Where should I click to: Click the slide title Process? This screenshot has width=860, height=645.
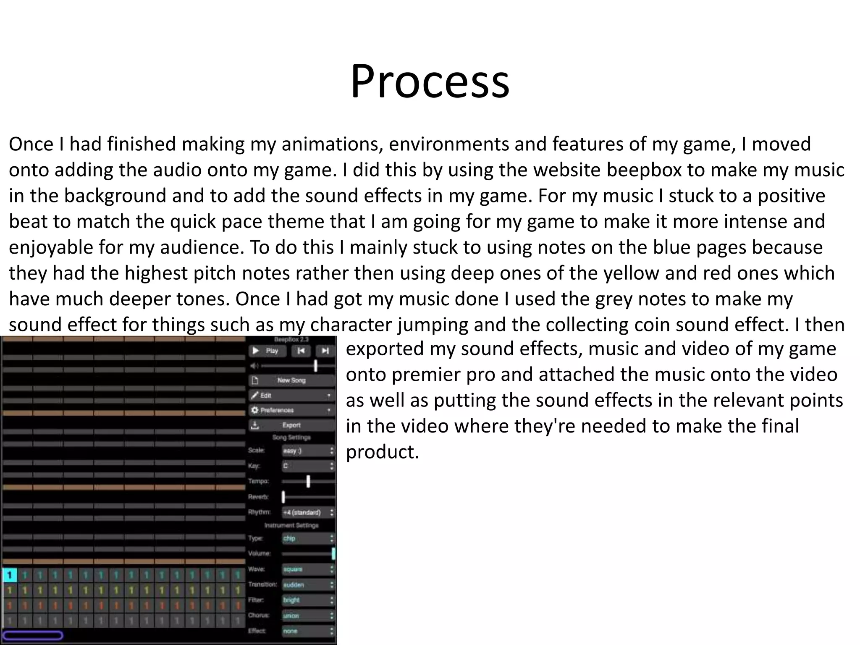430,81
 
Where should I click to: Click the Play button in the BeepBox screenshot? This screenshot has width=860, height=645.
267,351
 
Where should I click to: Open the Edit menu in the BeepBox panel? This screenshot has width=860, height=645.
292,395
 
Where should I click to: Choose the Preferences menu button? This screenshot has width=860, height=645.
292,410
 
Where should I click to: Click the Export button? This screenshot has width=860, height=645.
292,425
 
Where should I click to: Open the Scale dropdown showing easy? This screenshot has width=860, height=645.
308,451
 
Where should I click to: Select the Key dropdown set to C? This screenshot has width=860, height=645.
308,466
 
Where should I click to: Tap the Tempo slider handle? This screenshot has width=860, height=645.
308,481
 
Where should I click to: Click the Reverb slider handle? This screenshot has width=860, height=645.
283,497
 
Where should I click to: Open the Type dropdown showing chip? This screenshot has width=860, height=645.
308,538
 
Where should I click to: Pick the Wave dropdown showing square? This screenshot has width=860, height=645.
308,569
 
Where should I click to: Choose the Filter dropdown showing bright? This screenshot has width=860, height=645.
308,600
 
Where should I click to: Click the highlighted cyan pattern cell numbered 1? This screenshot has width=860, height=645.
10,575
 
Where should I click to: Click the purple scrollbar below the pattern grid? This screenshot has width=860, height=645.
32,635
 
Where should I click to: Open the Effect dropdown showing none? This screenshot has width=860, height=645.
308,631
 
